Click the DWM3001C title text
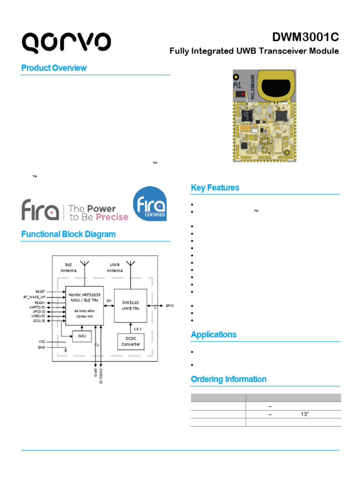tap(305, 37)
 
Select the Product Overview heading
tap(54, 68)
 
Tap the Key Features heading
tap(215, 187)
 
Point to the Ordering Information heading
tap(228, 379)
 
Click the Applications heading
tap(213, 334)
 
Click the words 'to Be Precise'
tap(98, 217)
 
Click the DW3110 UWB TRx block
tap(131, 306)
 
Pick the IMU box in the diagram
tap(82, 336)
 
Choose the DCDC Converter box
tap(131, 341)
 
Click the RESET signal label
tap(40, 292)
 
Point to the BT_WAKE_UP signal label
tap(34, 297)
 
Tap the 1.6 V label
tap(138, 329)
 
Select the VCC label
tap(42, 342)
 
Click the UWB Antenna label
tap(114, 268)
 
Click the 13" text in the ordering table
tap(305, 414)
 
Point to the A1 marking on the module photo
tap(238, 85)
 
